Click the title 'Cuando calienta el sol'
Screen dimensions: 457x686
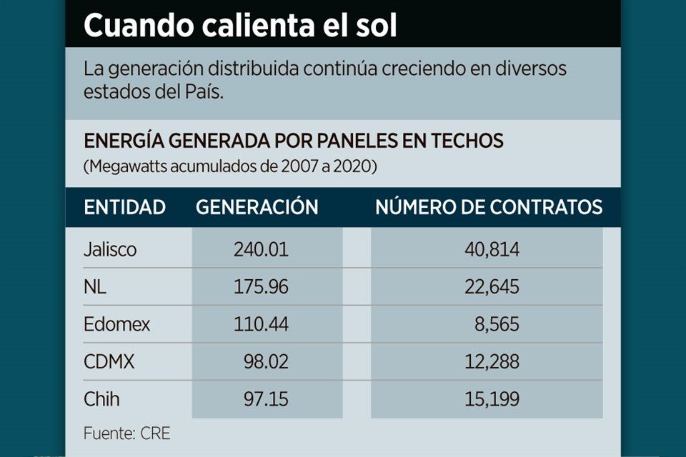[x=240, y=26]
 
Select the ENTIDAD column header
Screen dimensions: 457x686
[x=125, y=208]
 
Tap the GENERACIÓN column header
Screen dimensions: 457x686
[x=257, y=208]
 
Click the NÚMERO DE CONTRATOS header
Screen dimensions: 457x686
[x=489, y=208]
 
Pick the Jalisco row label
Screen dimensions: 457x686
[x=110, y=250]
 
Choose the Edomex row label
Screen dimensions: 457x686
[x=117, y=324]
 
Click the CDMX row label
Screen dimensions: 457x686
[x=109, y=362]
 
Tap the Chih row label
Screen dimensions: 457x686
[x=102, y=399]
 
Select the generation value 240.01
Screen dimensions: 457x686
[x=261, y=250]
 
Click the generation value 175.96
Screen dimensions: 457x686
[x=261, y=287]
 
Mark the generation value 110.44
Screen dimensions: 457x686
[x=261, y=324]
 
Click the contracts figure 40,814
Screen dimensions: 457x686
[x=489, y=250]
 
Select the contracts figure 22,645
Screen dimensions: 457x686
[x=489, y=287]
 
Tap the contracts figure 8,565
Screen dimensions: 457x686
[x=498, y=324]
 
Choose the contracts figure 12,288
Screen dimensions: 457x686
[x=489, y=362]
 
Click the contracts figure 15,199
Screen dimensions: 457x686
[x=489, y=399]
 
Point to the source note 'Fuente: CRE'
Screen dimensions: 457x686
[x=127, y=433]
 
